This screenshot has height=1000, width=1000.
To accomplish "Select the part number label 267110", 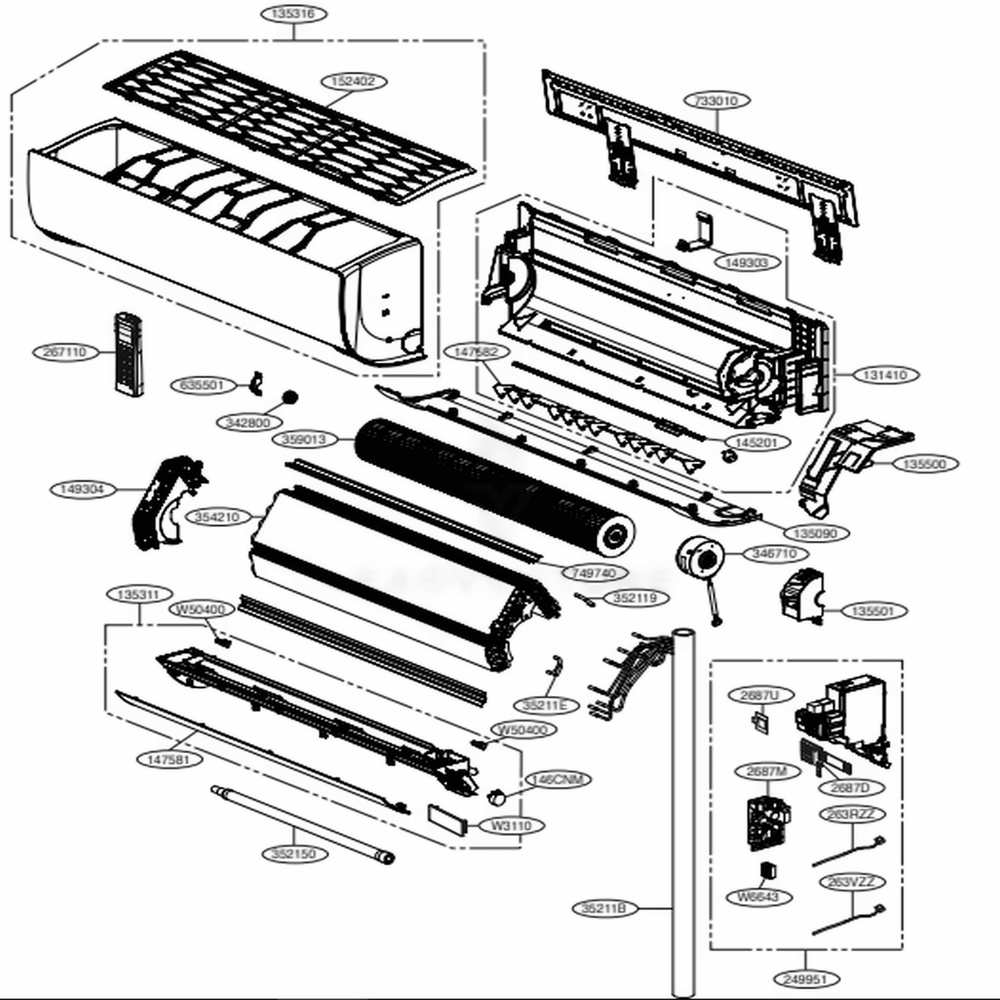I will (65, 352).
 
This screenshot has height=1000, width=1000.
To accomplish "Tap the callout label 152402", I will (354, 81).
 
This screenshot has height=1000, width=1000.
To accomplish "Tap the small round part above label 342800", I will (290, 397).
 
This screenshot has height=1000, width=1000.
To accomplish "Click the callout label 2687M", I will (767, 771).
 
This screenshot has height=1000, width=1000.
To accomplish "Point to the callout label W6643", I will (759, 897).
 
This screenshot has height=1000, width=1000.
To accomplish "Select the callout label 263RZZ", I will (851, 814).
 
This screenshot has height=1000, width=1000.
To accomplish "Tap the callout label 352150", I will (294, 854).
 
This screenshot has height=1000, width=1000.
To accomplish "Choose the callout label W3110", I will (511, 826).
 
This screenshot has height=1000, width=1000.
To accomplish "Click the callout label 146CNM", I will (557, 779).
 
